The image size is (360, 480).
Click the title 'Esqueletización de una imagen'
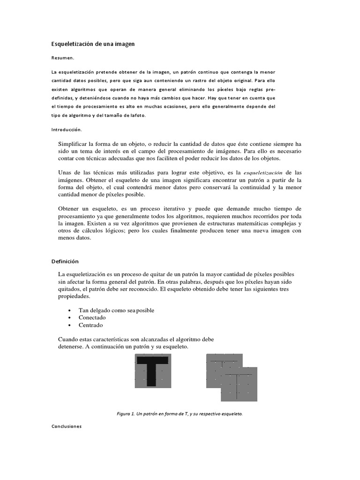tap(93, 44)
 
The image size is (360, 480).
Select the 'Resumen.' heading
tap(63, 58)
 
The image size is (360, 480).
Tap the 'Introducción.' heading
tap(67, 129)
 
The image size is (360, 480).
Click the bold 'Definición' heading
tap(65, 261)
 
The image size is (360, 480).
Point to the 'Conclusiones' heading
tap(66, 427)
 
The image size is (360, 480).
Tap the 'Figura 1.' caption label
tap(126, 413)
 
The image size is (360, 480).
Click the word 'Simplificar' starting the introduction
tap(72, 144)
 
